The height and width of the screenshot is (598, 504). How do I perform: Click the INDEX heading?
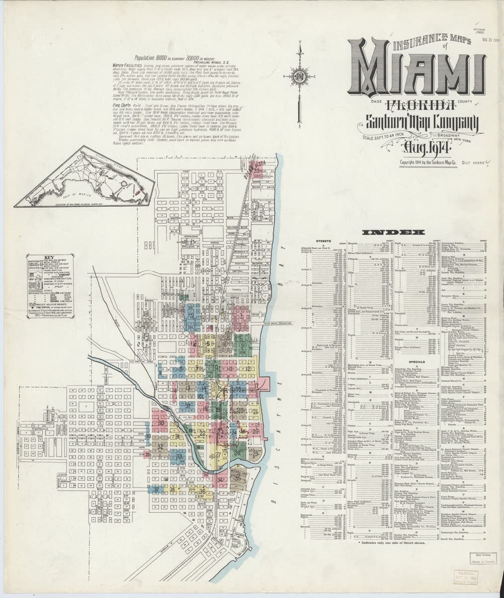click(394, 232)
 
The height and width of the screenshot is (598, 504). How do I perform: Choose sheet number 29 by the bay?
click(256, 453)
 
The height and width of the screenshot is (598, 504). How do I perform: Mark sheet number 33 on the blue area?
click(179, 456)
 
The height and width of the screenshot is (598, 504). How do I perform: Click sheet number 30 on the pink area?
click(161, 423)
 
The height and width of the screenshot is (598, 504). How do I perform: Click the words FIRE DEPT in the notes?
click(122, 106)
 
